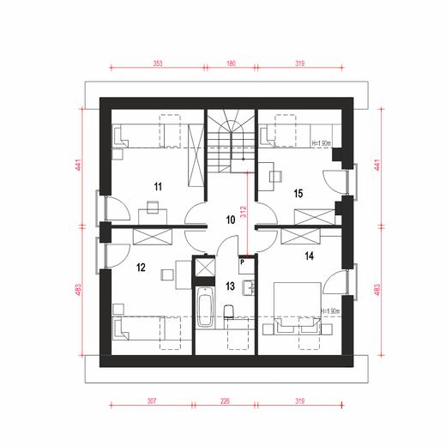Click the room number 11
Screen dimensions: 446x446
(x=158, y=186)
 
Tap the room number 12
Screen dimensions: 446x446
(x=141, y=267)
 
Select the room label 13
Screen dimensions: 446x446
(x=230, y=286)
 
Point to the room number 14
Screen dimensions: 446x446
(x=308, y=255)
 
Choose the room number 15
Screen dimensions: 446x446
(x=298, y=192)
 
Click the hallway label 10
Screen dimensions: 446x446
(x=230, y=220)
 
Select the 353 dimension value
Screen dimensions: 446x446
(x=159, y=63)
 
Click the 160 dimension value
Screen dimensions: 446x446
(x=231, y=63)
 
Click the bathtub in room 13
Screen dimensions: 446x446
(x=205, y=308)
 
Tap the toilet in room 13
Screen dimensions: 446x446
(x=228, y=313)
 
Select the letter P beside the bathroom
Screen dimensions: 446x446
(x=243, y=261)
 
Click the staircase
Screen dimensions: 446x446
(x=231, y=141)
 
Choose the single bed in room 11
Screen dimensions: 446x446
(x=150, y=135)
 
